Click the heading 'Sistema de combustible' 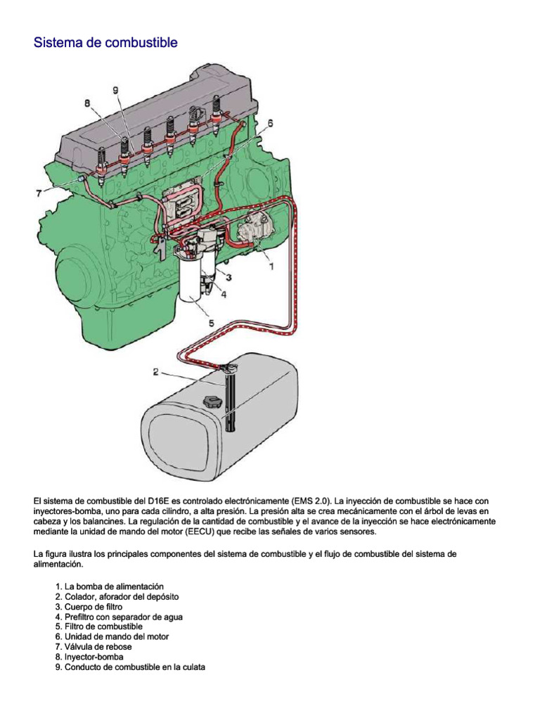point(105,43)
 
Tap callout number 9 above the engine point(115,90)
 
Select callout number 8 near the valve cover point(89,103)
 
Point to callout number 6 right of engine point(270,122)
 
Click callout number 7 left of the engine point(39,192)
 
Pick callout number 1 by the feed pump point(271,266)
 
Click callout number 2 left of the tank point(157,371)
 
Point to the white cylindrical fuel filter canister point(195,281)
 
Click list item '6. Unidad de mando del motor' point(111,636)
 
